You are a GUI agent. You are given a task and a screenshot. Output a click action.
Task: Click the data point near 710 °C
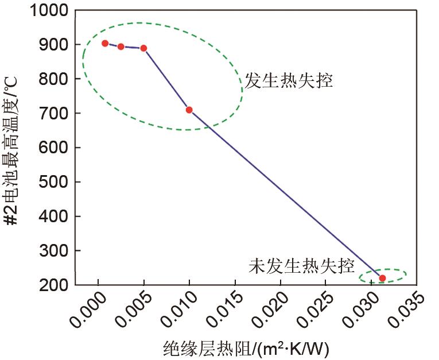pos(189,110)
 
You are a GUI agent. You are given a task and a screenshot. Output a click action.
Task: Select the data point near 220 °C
pos(382,278)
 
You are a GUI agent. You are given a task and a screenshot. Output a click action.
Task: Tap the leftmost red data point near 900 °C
pos(105,43)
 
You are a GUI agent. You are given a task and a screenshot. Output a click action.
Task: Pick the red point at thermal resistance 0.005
pos(143,48)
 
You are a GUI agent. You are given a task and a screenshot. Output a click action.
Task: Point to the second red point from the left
pos(121,47)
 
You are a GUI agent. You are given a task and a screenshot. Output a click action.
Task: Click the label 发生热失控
pos(289,80)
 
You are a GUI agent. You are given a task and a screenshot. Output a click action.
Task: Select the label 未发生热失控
pos(301,266)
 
